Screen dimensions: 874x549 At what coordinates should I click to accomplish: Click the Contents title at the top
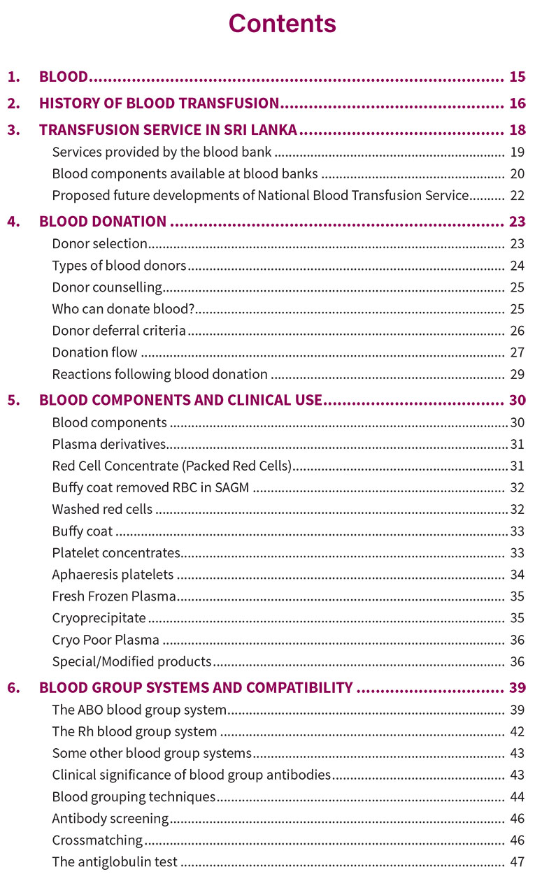coord(282,24)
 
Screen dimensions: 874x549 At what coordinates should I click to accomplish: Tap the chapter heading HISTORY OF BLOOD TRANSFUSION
coord(159,103)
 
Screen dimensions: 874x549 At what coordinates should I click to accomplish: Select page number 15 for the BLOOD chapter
coord(517,77)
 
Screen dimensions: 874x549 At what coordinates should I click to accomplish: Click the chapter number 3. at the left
coord(13,130)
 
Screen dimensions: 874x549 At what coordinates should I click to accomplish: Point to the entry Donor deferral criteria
coord(119,331)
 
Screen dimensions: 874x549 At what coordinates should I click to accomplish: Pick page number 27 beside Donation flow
coord(517,352)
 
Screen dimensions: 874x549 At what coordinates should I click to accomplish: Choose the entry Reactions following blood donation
coord(159,374)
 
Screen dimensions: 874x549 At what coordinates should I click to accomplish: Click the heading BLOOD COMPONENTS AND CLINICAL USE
coord(180,401)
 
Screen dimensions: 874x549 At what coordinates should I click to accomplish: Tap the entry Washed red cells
coord(102,510)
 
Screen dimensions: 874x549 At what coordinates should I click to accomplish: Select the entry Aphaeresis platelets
coord(113,575)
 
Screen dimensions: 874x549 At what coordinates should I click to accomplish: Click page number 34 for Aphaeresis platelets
coord(517,575)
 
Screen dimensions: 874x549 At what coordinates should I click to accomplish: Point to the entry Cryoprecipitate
coord(99,618)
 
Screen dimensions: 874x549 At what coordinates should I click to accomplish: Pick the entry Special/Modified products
coord(131,661)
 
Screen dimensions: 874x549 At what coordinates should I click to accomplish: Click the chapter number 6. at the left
coord(13,688)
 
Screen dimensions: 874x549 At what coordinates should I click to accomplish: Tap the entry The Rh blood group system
coord(134,732)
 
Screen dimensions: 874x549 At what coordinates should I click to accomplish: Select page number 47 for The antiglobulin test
coord(517,862)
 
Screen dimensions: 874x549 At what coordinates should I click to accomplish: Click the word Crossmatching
coord(97,840)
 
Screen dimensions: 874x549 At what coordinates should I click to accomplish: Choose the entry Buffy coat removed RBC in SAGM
coord(150,488)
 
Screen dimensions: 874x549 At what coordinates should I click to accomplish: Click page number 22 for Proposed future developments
coord(517,196)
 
